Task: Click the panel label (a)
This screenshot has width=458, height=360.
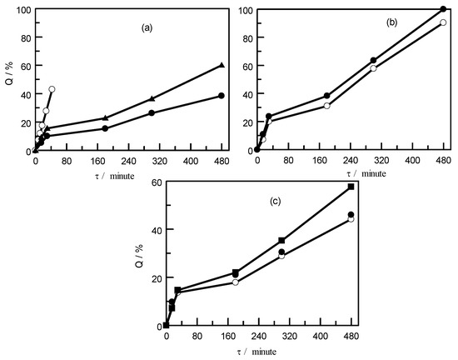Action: [146, 27]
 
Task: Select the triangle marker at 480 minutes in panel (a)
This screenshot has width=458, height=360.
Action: [222, 65]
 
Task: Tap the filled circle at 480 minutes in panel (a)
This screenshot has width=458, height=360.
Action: [222, 96]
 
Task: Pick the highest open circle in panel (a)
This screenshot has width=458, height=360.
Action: [52, 89]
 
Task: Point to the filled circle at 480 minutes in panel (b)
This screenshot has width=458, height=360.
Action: [443, 9]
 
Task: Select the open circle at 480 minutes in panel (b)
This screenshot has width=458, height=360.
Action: [443, 22]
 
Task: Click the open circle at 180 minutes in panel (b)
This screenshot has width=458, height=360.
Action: [327, 106]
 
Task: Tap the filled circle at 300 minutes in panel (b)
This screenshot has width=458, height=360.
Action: [373, 60]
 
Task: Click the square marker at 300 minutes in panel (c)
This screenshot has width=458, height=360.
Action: [281, 240]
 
